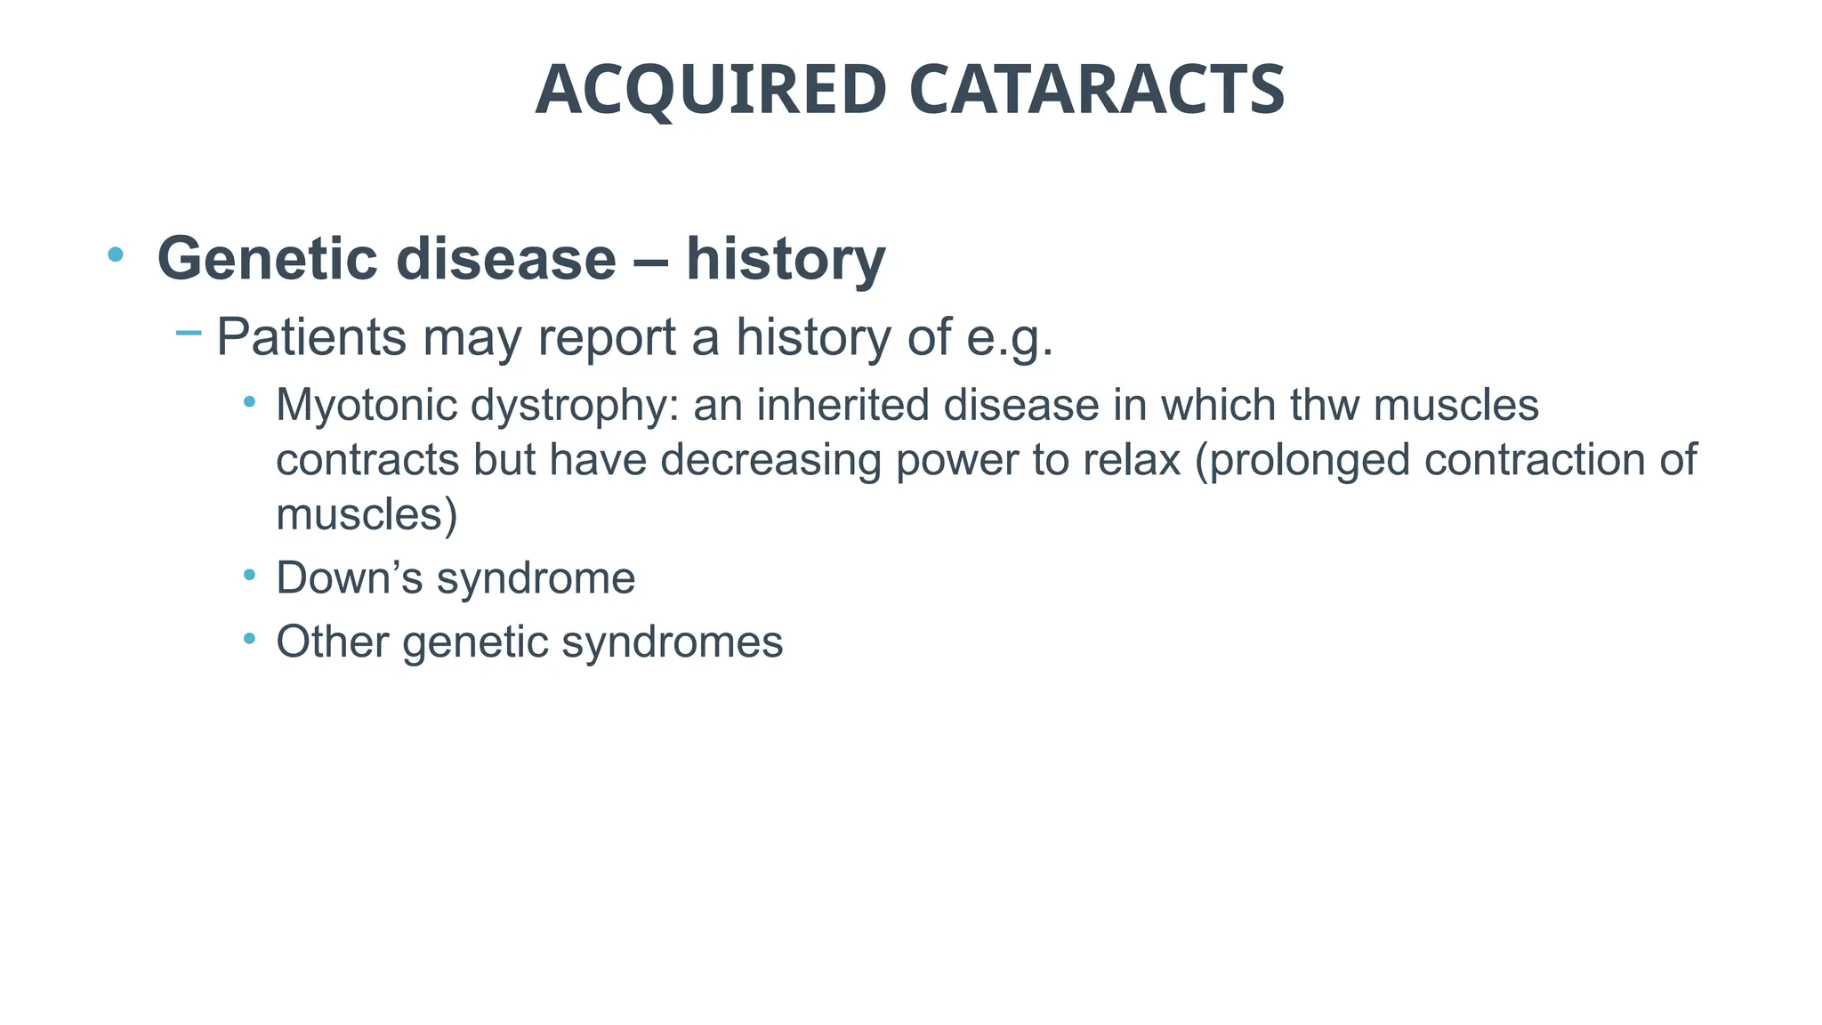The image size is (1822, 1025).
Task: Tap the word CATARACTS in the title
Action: coord(1097,90)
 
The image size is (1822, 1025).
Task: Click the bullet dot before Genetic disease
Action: coord(115,255)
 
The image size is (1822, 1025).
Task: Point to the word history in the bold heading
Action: coord(786,259)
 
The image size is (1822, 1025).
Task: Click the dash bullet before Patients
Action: coord(189,334)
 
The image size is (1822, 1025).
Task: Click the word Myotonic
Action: coord(366,406)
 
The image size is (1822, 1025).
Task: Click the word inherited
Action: coord(844,406)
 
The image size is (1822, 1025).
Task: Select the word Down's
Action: coord(349,578)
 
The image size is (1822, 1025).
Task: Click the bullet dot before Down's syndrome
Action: coord(250,576)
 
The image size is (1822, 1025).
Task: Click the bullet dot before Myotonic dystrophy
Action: coord(250,403)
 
